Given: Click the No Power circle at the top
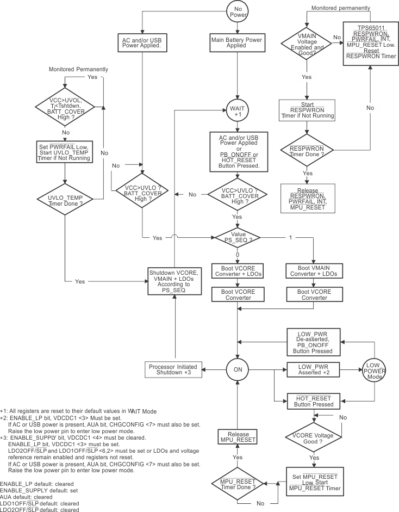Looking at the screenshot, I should (x=237, y=11).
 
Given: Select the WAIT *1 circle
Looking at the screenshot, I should (x=237, y=112).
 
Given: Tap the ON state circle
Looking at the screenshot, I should (x=237, y=370).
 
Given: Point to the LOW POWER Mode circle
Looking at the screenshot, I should (x=374, y=370).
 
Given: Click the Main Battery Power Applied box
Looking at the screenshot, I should (x=236, y=42).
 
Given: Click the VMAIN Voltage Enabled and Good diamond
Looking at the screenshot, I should (x=307, y=42).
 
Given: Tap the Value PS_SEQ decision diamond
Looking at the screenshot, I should (x=237, y=237).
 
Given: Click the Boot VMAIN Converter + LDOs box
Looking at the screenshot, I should (x=313, y=270).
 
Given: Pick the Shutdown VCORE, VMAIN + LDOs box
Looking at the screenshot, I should (x=175, y=280).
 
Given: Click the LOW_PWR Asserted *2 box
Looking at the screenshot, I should (x=313, y=370).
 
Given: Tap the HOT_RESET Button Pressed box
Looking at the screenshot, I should (x=313, y=402).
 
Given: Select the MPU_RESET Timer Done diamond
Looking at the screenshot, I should (x=237, y=484).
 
